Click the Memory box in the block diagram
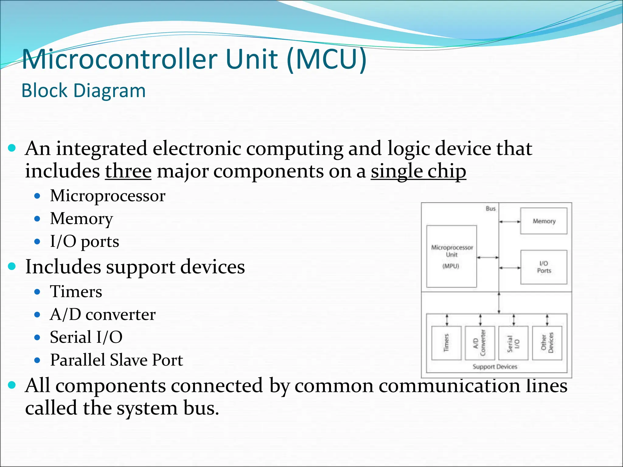click(x=544, y=221)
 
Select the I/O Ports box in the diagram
click(x=544, y=267)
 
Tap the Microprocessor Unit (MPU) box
click(x=451, y=256)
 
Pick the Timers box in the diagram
click(x=446, y=343)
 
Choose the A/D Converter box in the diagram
click(x=480, y=343)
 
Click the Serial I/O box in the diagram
click(x=513, y=343)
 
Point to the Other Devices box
click(x=547, y=343)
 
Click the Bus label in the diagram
click(x=490, y=209)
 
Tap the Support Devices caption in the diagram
click(x=495, y=367)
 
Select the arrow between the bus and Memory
click(x=510, y=222)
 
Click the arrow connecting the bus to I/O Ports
click(x=510, y=268)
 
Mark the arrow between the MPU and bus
click(x=488, y=258)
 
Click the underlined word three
click(x=128, y=171)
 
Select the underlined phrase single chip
click(x=418, y=171)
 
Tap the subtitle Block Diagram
click(x=84, y=91)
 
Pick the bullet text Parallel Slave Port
click(x=117, y=360)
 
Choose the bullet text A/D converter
click(x=103, y=314)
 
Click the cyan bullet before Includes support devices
click(x=12, y=266)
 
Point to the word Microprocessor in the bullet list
click(x=108, y=195)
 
